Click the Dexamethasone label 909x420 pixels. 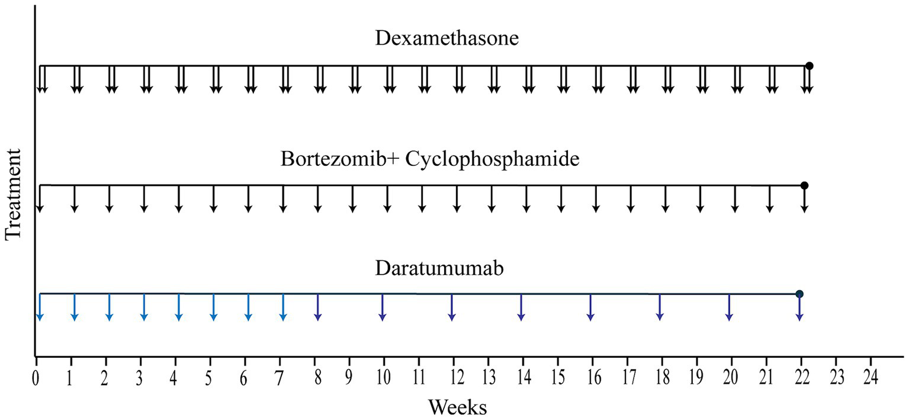pos(447,39)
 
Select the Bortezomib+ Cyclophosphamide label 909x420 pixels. pos(429,159)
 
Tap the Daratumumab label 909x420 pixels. pos(439,269)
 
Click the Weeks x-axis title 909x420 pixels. pos(457,407)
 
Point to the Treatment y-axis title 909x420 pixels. pos(14,194)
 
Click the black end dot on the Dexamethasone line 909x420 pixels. pos(810,66)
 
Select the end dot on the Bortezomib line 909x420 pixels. pos(804,185)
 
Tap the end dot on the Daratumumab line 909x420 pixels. pos(799,294)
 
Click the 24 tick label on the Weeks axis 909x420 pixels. pos(870,377)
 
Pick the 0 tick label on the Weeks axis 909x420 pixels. pos(37,377)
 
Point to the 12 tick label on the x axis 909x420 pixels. pos(453,377)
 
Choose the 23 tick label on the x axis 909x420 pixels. pos(835,377)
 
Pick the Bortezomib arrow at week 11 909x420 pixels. pos(422,199)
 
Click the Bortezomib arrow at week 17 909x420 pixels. pos(630,199)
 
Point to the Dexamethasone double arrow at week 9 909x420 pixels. pos(355,79)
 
